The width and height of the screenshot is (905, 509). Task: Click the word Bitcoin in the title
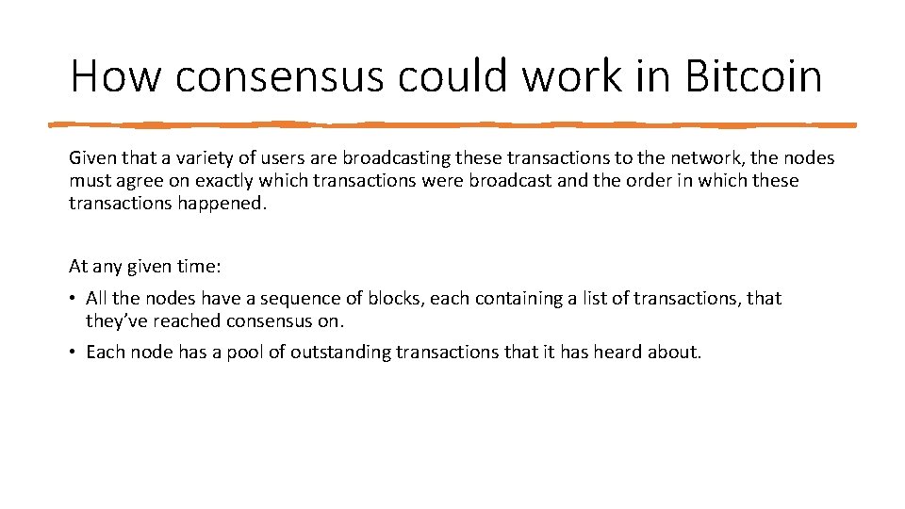(753, 75)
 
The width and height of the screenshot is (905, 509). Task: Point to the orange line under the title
(452, 123)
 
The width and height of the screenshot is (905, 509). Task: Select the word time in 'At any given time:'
(199, 267)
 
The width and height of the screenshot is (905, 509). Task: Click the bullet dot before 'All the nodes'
(74, 299)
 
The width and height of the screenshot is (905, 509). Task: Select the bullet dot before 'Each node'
(74, 353)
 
